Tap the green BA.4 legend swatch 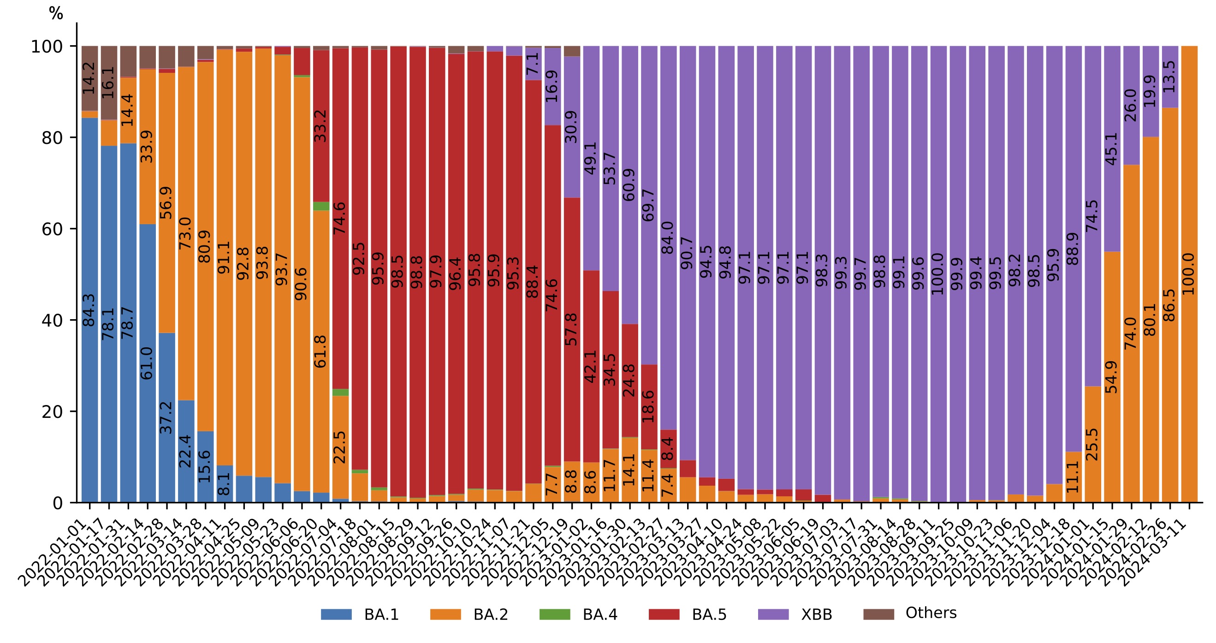[x=555, y=615]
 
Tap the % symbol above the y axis [x=56, y=14]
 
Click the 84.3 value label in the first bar [x=89, y=310]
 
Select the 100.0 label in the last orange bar [x=1189, y=274]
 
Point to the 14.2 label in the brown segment [x=89, y=78]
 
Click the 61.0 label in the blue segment [x=147, y=363]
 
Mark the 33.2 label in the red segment [x=320, y=125]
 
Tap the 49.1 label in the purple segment [x=591, y=158]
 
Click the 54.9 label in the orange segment [x=1112, y=377]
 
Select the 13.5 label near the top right [x=1169, y=77]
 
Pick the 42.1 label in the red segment [x=591, y=366]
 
